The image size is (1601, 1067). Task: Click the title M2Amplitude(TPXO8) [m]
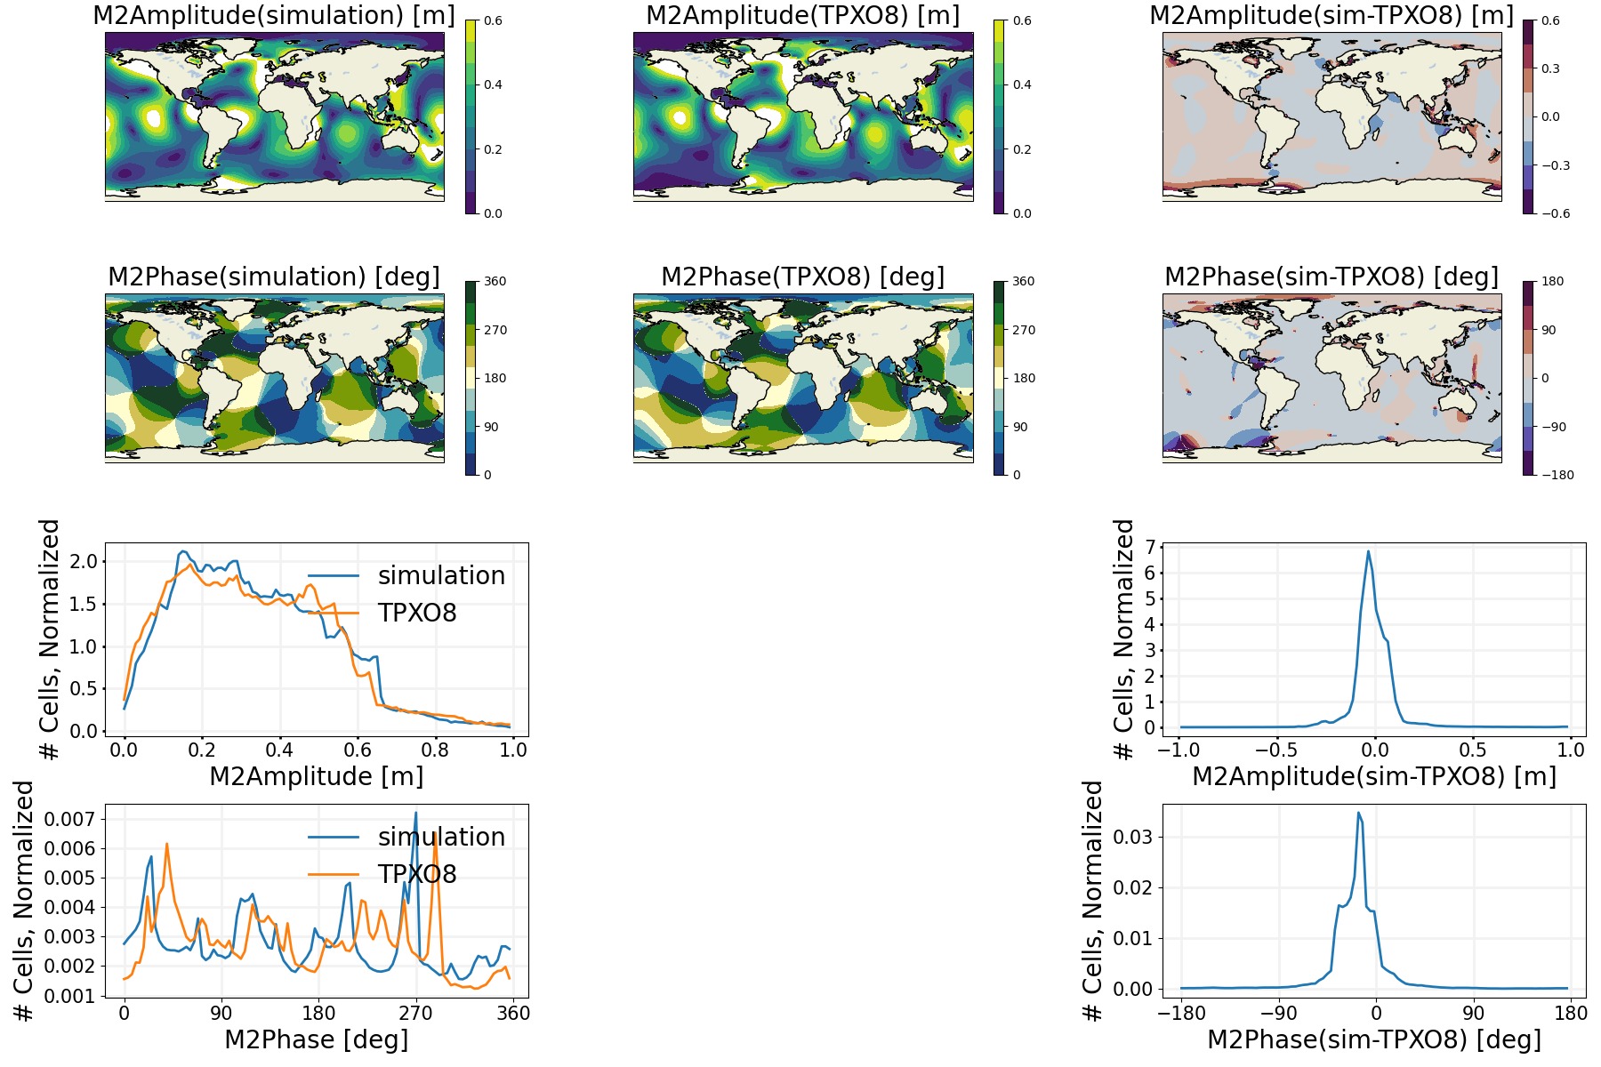pyautogui.click(x=802, y=16)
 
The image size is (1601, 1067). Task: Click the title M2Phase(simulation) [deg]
pyautogui.click(x=274, y=277)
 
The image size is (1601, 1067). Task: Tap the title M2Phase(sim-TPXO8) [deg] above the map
pyautogui.click(x=1331, y=277)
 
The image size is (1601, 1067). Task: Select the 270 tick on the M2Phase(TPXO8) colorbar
pyautogui.click(x=1024, y=330)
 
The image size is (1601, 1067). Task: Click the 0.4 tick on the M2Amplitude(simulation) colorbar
pyautogui.click(x=493, y=84)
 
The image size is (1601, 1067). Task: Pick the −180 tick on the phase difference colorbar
pyautogui.click(x=1557, y=475)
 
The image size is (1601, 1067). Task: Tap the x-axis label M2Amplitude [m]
pyautogui.click(x=317, y=776)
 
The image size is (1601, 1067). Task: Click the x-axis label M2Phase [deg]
pyautogui.click(x=317, y=1039)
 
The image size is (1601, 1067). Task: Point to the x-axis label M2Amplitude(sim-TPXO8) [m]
pyautogui.click(x=1374, y=776)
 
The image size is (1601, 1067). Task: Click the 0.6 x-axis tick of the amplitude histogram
pyautogui.click(x=358, y=750)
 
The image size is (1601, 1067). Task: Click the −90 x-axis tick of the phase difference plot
pyautogui.click(x=1278, y=1013)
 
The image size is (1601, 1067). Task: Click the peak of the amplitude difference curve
pyautogui.click(x=1368, y=551)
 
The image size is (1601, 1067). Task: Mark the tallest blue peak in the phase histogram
pyautogui.click(x=415, y=813)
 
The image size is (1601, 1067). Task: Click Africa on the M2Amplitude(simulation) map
pyautogui.click(x=289, y=111)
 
